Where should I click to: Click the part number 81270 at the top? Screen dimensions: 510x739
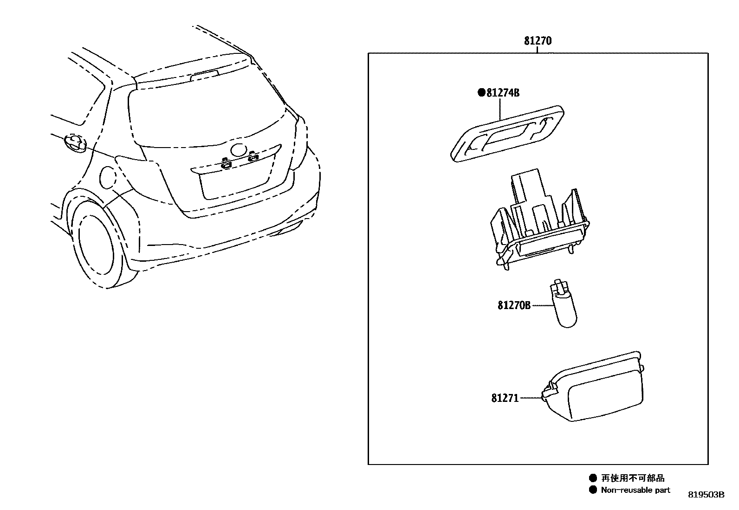[x=538, y=41]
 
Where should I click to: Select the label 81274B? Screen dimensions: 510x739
[x=503, y=93]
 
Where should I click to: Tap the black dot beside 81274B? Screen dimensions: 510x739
[x=481, y=92]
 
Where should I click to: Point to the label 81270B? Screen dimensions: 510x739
[x=514, y=305]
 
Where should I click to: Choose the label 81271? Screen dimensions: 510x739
[x=505, y=398]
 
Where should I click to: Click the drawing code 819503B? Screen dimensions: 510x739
[x=706, y=495]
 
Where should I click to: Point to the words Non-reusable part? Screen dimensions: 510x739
[x=635, y=490]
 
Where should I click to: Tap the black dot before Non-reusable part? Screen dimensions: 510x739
[x=592, y=490]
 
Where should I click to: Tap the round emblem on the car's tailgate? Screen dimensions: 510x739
[x=240, y=150]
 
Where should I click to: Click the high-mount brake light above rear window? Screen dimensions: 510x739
[x=205, y=74]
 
